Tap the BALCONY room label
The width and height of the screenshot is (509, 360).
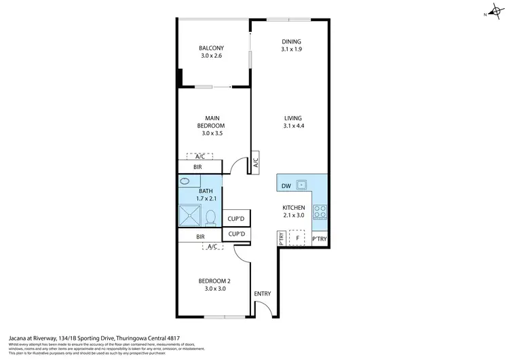pos(211,48)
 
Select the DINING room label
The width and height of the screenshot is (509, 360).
pos(291,42)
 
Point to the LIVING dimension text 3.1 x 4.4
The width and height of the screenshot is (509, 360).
pos(293,126)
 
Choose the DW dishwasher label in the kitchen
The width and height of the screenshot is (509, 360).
pos(286,184)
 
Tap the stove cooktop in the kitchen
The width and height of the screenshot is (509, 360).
pos(320,211)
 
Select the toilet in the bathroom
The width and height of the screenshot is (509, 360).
pos(210,217)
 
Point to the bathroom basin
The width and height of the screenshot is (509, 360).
pos(185,183)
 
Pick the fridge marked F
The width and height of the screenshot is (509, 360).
pos(297,238)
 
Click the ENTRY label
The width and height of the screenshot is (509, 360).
pos(262,293)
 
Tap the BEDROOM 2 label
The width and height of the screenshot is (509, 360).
pos(212,280)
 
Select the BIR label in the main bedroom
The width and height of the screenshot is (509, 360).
pos(197,166)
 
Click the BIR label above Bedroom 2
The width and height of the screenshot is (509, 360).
pos(200,236)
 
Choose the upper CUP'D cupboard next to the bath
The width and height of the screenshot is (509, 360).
pos(237,218)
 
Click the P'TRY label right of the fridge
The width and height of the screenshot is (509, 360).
pos(319,239)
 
